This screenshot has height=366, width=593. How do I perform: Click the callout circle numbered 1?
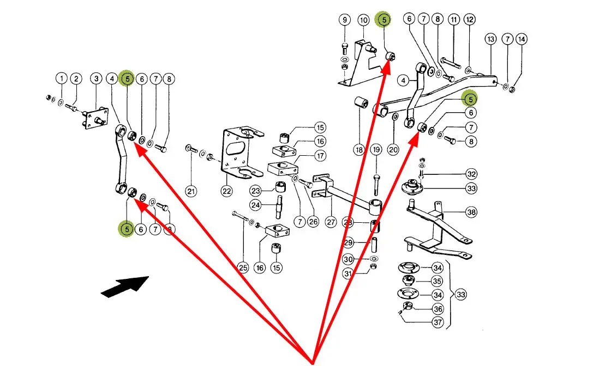[62, 79]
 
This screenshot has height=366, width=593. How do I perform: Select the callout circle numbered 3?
[96, 79]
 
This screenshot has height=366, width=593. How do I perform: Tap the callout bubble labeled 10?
[364, 20]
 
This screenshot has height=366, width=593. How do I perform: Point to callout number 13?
[490, 39]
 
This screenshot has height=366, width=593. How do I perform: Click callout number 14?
[522, 39]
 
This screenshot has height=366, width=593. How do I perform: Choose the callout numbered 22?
[226, 191]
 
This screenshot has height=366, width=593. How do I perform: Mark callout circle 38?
[471, 212]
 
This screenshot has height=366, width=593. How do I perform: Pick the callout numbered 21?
[190, 191]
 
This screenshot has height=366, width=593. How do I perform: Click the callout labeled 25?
[243, 267]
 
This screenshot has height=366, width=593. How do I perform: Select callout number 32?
[471, 174]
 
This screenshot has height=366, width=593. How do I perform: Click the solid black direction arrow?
[124, 286]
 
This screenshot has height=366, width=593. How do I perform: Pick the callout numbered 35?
[438, 282]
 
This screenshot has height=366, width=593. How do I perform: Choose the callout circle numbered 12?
[470, 20]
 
